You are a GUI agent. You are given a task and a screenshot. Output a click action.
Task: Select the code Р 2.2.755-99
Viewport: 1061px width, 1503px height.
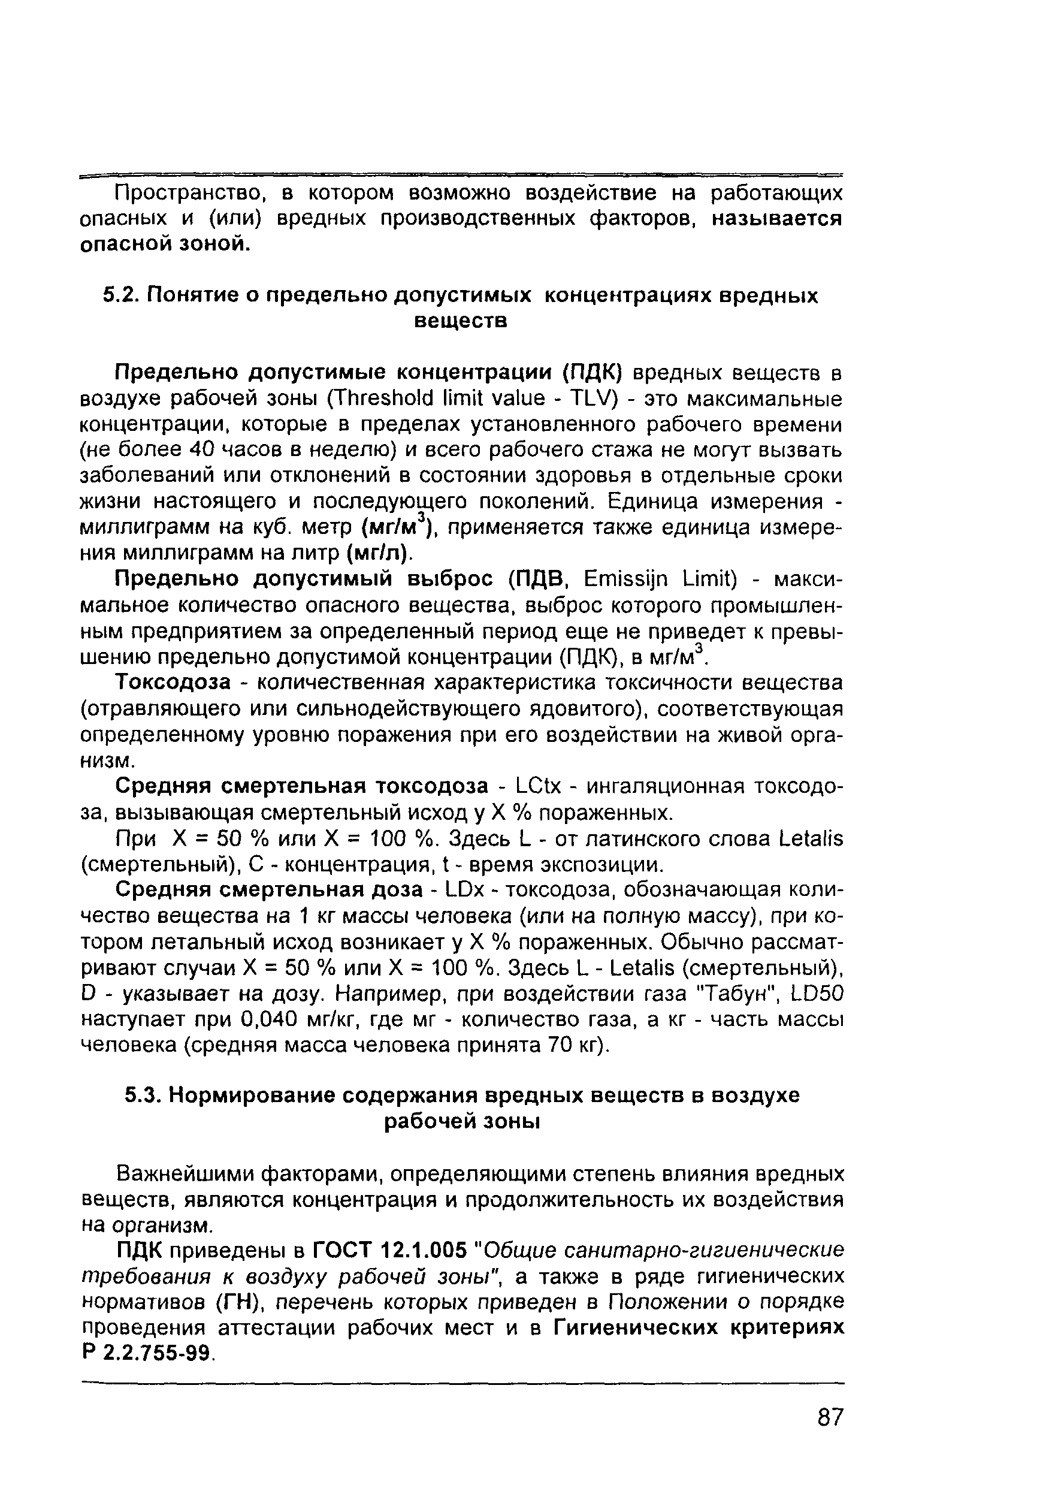click(x=147, y=1353)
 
